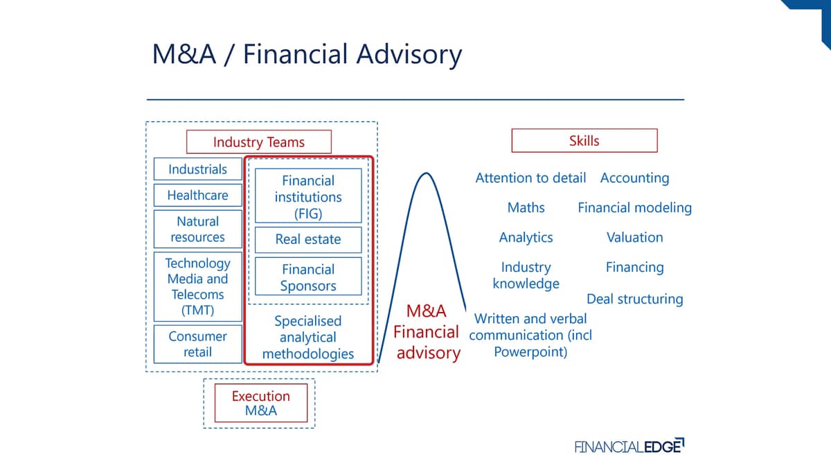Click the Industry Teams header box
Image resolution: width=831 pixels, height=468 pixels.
point(258,141)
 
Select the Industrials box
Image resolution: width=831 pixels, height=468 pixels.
point(198,169)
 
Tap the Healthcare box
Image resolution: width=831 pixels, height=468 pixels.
point(198,195)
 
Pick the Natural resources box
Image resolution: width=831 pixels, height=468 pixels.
point(198,229)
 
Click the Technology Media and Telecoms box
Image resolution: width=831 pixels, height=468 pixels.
point(198,286)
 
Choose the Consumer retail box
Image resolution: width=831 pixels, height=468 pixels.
point(198,344)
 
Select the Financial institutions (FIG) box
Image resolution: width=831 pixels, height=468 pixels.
point(308,196)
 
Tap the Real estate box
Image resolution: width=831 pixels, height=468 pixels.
point(308,240)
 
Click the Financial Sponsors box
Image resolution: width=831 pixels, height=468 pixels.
point(308,277)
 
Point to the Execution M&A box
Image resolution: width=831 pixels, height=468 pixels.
point(261,403)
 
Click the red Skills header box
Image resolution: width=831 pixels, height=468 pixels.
point(584,140)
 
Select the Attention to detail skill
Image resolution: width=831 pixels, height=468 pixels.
point(530,178)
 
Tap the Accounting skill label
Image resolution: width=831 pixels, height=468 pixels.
point(635,178)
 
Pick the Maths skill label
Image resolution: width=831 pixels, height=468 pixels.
point(526,207)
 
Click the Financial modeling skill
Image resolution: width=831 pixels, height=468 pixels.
point(635,207)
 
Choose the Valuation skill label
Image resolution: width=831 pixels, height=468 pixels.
point(635,237)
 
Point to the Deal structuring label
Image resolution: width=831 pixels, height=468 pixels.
point(635,299)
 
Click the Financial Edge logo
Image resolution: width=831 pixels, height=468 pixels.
point(629,446)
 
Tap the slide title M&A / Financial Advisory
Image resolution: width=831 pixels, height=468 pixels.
point(307,55)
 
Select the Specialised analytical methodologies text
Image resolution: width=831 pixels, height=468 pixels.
point(308,337)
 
